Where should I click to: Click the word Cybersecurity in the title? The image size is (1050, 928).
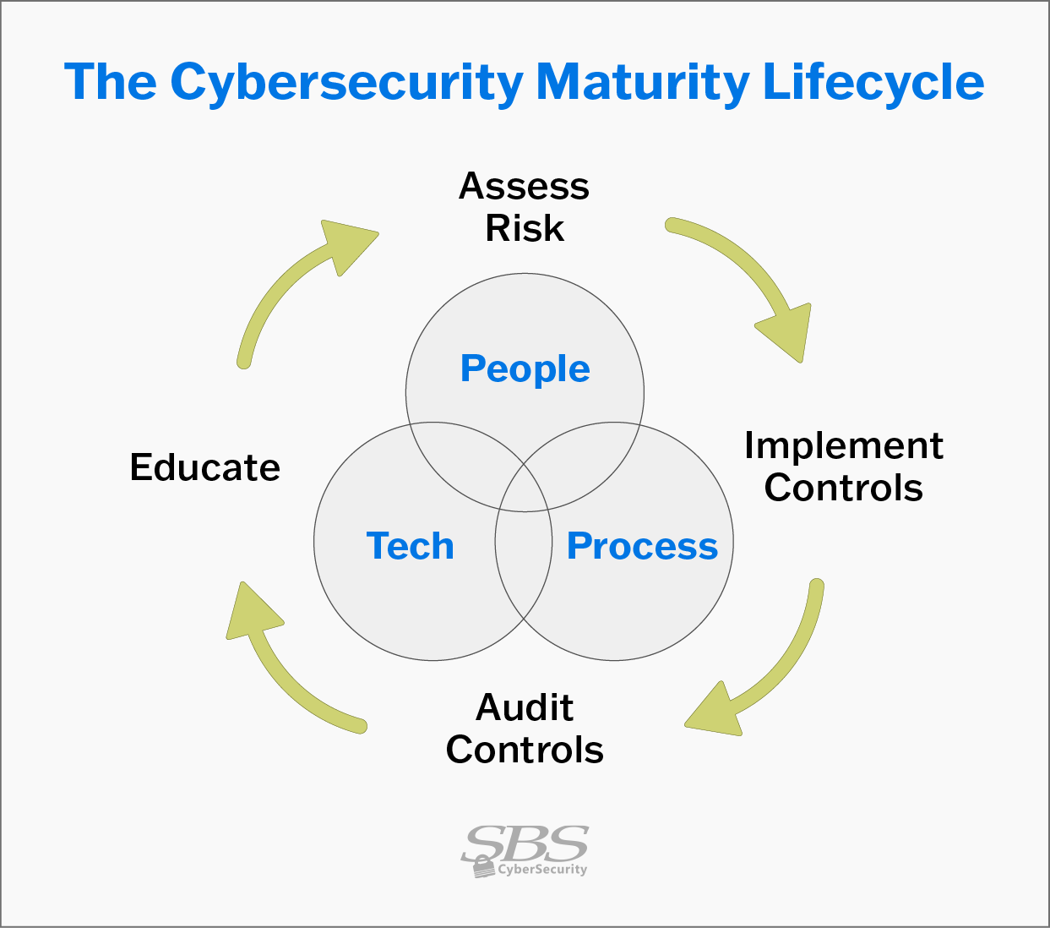[x=346, y=84]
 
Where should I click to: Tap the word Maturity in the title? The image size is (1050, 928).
[x=643, y=84]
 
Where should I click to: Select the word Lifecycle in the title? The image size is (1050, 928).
[x=873, y=83]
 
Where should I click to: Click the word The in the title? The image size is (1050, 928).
[x=111, y=81]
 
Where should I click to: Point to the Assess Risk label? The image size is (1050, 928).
[x=525, y=207]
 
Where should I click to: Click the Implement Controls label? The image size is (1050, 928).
[x=844, y=467]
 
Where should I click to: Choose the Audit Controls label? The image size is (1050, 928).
[x=525, y=729]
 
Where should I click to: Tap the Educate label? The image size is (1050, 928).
[x=204, y=467]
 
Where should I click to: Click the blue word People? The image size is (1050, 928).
[x=525, y=369]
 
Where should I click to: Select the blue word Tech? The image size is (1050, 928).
[x=410, y=546]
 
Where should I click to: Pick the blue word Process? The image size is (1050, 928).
[x=643, y=546]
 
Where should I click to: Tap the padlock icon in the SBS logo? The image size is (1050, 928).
[x=482, y=867]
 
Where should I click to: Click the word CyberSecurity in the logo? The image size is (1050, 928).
[x=542, y=870]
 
